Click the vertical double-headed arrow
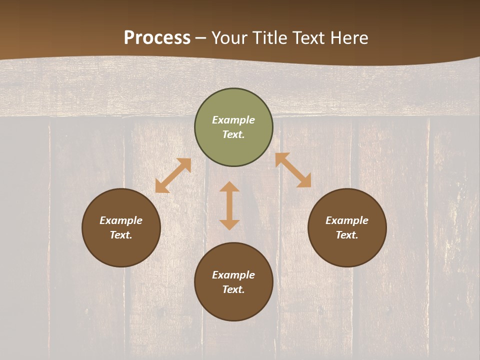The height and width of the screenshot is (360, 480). [x=229, y=206]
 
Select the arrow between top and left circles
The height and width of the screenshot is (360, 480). [x=173, y=175]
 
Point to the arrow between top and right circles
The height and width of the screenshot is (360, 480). [x=293, y=170]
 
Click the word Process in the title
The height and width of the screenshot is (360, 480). [x=157, y=37]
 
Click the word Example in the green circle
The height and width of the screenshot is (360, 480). [x=233, y=120]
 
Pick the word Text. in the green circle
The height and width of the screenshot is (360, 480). [x=233, y=134]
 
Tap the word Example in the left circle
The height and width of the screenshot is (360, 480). [x=121, y=220]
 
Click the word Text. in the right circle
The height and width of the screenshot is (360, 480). [x=347, y=235]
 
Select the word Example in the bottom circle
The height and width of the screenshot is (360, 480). [x=233, y=275]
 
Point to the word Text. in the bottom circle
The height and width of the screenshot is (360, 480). [x=233, y=289]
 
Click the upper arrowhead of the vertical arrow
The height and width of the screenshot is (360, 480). [x=229, y=187]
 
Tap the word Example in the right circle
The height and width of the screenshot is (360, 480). [x=347, y=220]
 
